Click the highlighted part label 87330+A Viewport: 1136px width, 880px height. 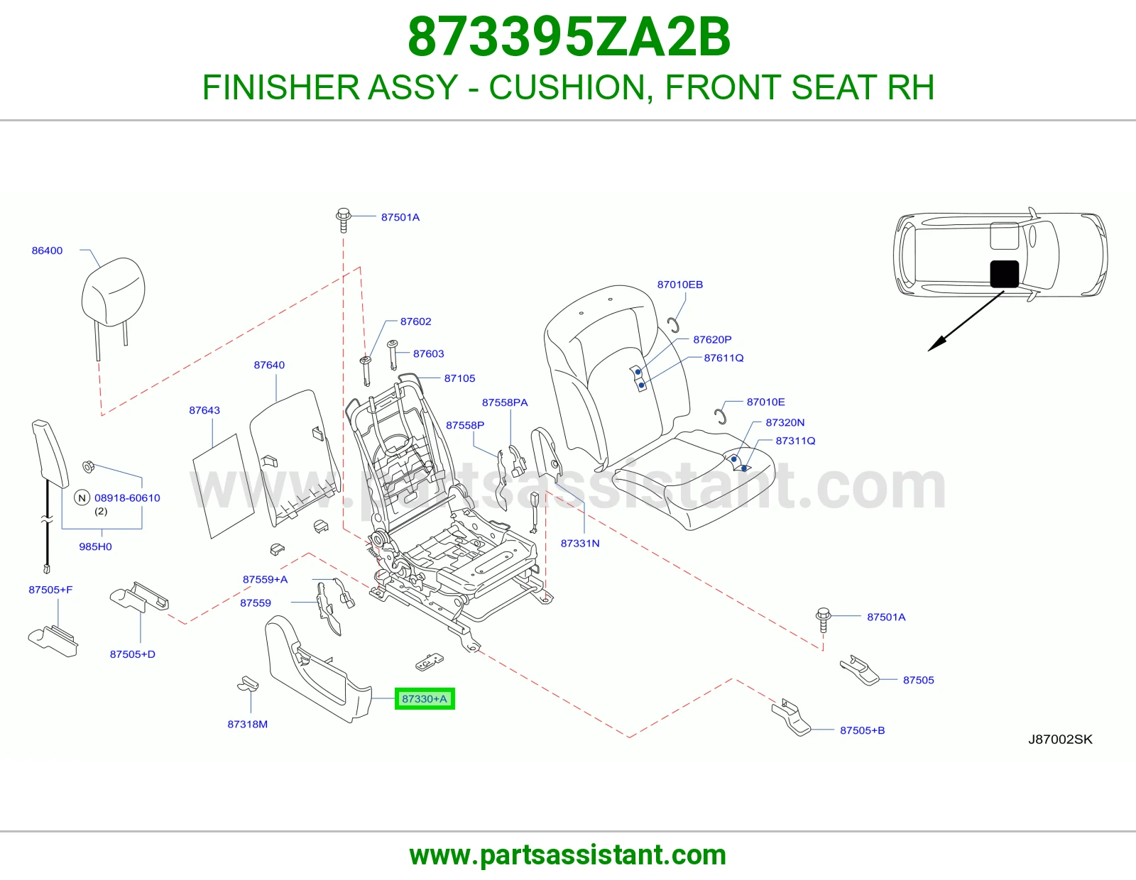[x=425, y=698]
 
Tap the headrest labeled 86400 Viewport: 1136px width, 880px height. [x=113, y=292]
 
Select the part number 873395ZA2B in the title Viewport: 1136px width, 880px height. [x=569, y=37]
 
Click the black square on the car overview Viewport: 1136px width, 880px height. [x=1004, y=274]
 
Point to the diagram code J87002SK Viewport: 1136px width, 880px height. [x=1060, y=739]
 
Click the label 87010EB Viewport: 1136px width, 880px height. [x=679, y=285]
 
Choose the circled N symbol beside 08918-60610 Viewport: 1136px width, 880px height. [x=82, y=497]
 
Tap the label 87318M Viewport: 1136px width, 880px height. [x=247, y=725]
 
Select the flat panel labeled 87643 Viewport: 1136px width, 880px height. [x=223, y=486]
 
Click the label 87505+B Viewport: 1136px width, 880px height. [x=862, y=730]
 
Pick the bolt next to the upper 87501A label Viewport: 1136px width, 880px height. [x=343, y=219]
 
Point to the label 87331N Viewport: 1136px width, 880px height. [x=580, y=544]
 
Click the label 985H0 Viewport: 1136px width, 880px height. [x=95, y=546]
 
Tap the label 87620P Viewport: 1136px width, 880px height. [x=712, y=340]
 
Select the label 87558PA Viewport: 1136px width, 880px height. [x=505, y=402]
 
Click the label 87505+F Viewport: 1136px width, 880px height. [x=50, y=590]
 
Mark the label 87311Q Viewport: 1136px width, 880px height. [x=795, y=441]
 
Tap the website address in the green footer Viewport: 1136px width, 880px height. [x=568, y=854]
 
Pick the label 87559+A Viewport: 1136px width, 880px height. [x=265, y=579]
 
